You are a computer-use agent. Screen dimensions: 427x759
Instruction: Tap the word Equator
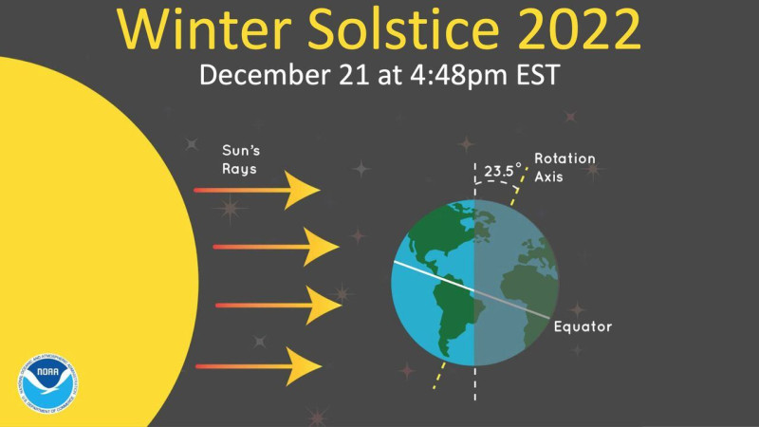coord(583,327)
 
